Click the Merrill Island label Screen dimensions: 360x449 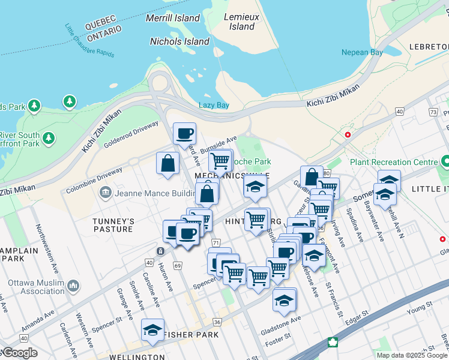[173, 18]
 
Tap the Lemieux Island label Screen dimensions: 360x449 [242, 22]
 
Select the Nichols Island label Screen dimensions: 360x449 [179, 42]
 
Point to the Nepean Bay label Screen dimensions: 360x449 [362, 52]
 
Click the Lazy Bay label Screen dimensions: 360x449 [214, 105]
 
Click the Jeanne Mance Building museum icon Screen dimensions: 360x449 [106, 192]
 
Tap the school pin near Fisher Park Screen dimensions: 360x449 [152, 329]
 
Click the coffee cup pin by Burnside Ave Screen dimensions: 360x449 [184, 133]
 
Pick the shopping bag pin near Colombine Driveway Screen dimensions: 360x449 [168, 163]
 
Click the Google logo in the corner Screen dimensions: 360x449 [19, 353]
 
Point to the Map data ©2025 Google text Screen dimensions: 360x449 [411, 355]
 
